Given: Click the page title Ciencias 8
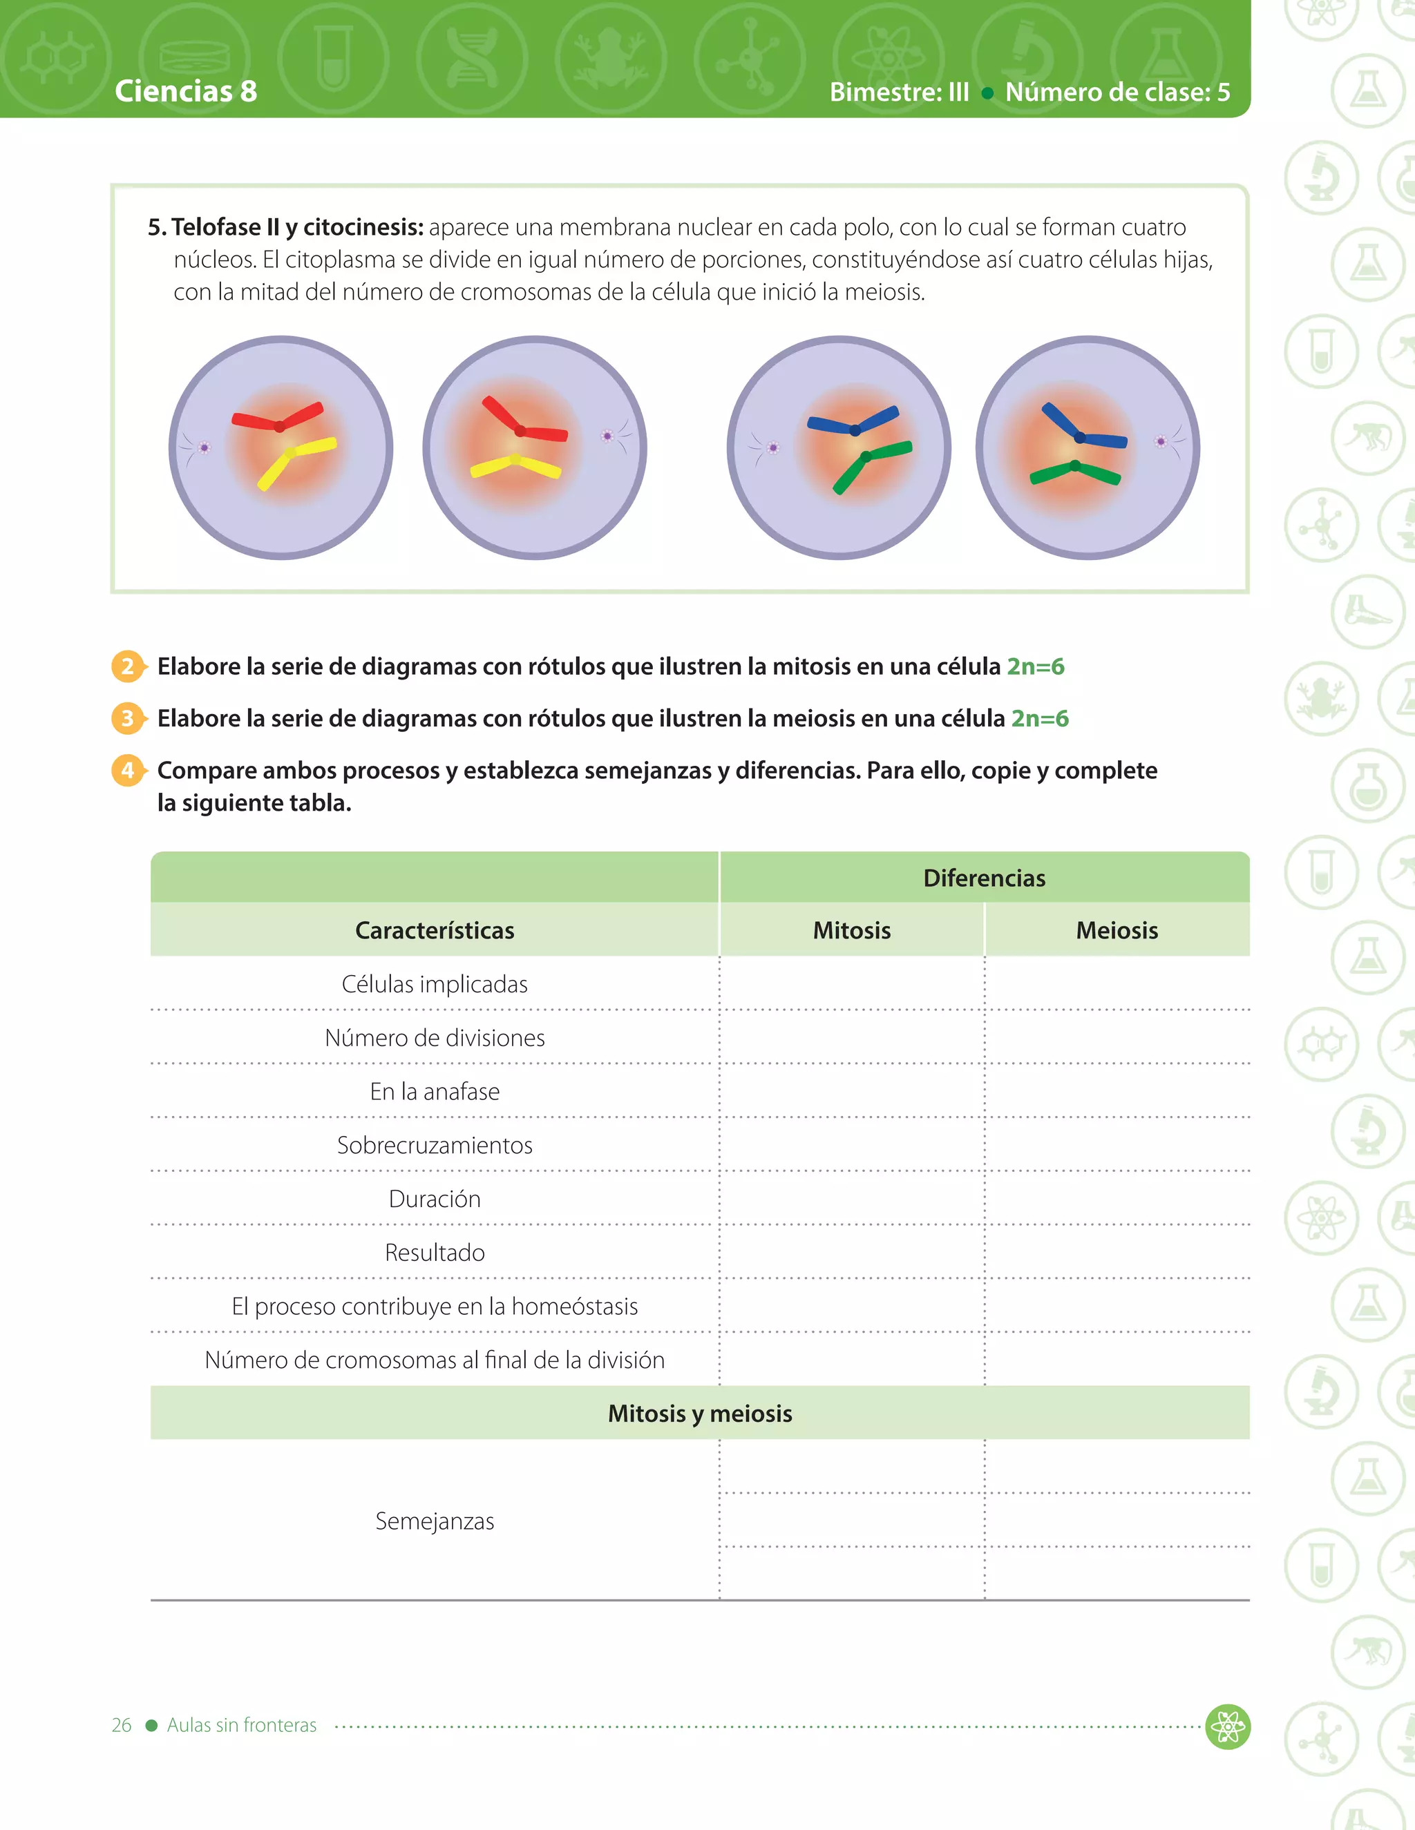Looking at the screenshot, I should pos(186,90).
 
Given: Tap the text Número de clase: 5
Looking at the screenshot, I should pos(1117,92).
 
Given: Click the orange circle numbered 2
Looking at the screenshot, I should pos(127,666).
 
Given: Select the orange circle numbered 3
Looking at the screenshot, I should pos(127,718).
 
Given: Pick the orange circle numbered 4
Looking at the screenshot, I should pos(127,770).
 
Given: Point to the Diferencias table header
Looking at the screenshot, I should pos(984,878).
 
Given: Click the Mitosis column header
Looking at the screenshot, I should pos(852,930).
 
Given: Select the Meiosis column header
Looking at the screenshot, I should pos(1117,930).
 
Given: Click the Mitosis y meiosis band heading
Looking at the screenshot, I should pos(700,1414).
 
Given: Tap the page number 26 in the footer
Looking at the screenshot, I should pos(122,1725).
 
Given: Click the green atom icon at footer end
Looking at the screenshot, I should pos(1227,1726).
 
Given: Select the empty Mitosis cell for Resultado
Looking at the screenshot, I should pos(852,1253).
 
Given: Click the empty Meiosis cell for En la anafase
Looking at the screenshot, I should pos(1117,1091).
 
